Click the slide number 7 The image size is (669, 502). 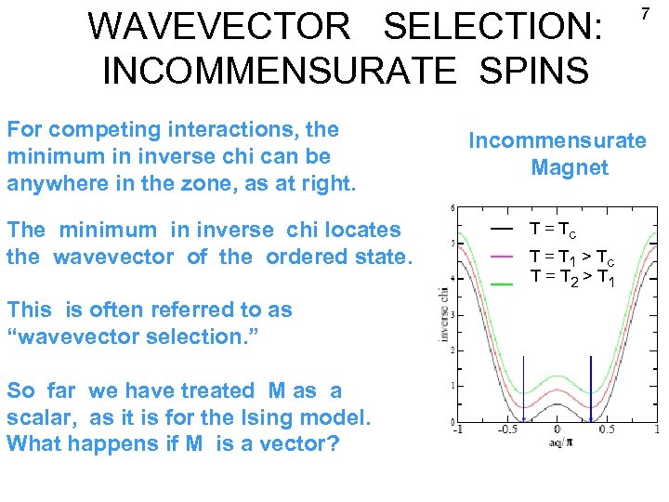click(644, 15)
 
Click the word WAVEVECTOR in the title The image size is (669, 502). click(219, 27)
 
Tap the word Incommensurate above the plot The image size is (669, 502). click(557, 140)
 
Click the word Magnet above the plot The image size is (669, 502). click(570, 168)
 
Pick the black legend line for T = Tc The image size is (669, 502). click(502, 229)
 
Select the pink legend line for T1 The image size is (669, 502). click(502, 255)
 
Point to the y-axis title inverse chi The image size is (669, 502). click(442, 315)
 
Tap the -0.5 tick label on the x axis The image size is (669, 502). click(506, 429)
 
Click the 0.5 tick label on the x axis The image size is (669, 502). click(608, 429)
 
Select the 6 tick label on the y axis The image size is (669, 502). click(452, 208)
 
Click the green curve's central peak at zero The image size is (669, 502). click(557, 376)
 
